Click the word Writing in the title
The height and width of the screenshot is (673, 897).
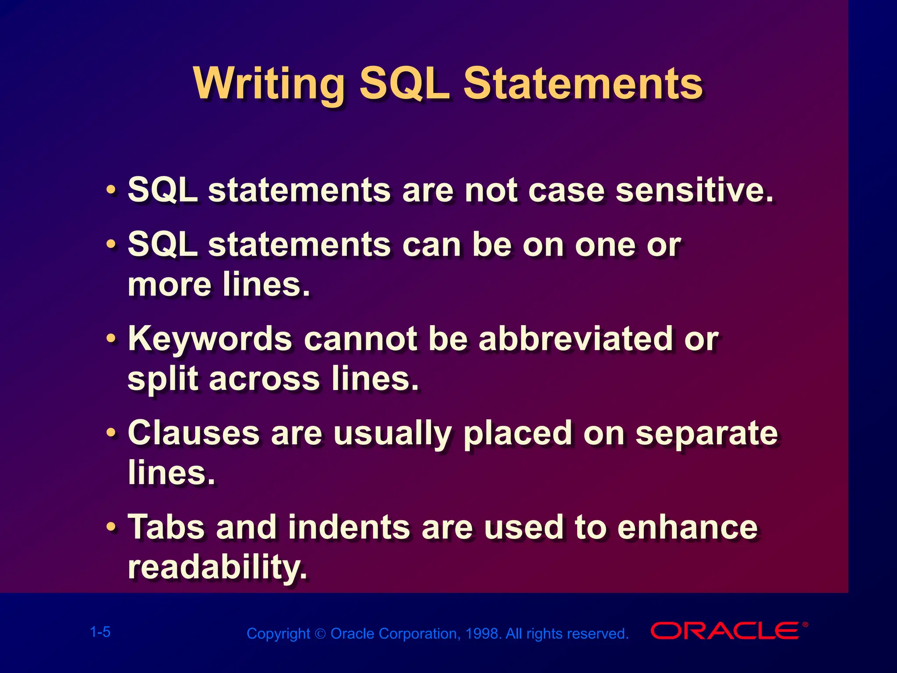268,84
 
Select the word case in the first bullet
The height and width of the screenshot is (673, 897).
566,191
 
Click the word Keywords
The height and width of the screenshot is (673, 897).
210,339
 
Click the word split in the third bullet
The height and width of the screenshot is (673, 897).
162,379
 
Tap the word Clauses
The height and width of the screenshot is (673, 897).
194,433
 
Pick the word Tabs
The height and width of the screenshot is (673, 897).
166,527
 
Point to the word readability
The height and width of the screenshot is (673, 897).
217,567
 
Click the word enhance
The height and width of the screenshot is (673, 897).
687,528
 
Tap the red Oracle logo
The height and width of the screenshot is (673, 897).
725,631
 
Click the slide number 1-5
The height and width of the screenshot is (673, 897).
100,632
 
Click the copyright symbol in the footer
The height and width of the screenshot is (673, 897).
320,634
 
